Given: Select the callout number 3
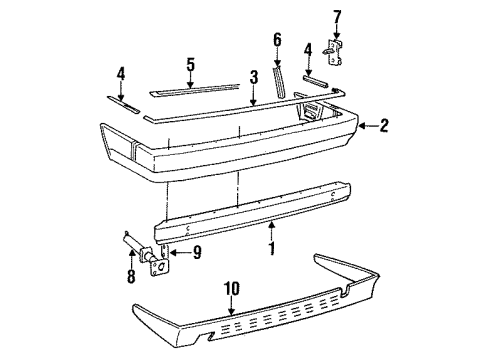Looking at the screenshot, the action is click(x=254, y=76).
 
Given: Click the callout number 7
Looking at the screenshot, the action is click(x=337, y=15).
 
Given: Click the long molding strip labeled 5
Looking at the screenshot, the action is click(x=200, y=87).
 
